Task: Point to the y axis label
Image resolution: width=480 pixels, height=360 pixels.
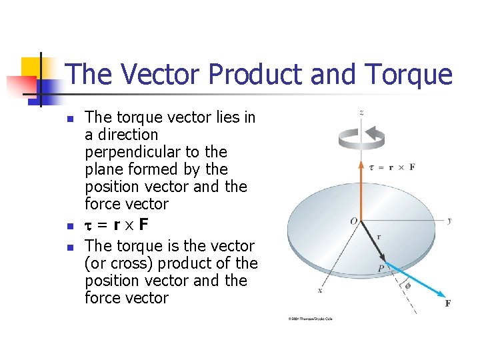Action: pyautogui.click(x=450, y=220)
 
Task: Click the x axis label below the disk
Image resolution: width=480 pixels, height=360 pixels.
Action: pyautogui.click(x=320, y=291)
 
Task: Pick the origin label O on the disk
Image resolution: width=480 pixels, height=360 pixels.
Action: pyautogui.click(x=353, y=221)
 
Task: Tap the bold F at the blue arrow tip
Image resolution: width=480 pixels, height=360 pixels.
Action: pyautogui.click(x=447, y=303)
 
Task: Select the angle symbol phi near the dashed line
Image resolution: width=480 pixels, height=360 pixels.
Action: pyautogui.click(x=407, y=285)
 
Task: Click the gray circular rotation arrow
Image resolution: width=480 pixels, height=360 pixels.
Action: pyautogui.click(x=361, y=137)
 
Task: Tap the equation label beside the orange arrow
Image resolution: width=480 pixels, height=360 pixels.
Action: pyautogui.click(x=391, y=167)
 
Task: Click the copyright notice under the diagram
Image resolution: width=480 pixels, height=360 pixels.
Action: pyautogui.click(x=310, y=319)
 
